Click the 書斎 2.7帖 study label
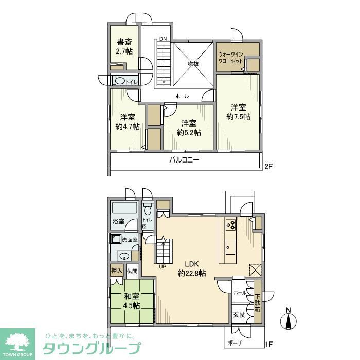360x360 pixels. [124, 47]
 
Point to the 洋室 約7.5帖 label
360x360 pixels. [238, 112]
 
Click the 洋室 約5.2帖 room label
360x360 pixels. [188, 128]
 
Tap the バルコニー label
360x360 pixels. [184, 160]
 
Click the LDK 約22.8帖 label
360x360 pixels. [191, 268]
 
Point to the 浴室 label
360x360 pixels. [118, 222]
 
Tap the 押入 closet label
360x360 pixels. [116, 271]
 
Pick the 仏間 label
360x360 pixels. [132, 271]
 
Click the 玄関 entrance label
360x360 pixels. [239, 315]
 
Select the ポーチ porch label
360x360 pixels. [237, 343]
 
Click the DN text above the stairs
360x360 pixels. [163, 39]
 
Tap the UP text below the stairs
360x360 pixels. [163, 266]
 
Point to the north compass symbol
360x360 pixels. [289, 320]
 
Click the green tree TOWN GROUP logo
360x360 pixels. [17, 342]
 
